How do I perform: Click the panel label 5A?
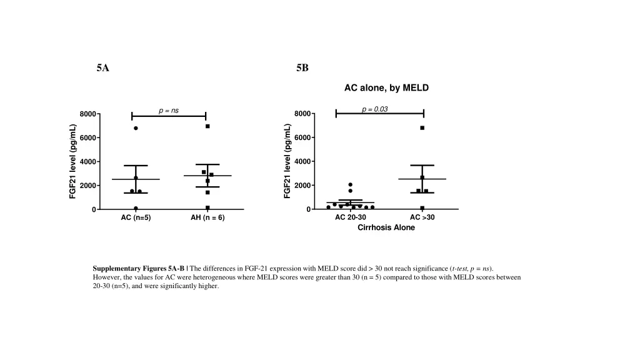[x=103, y=68]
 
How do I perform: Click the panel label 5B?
[x=302, y=68]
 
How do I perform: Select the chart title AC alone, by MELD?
[x=386, y=88]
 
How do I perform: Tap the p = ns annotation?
[x=168, y=111]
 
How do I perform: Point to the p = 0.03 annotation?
[x=375, y=109]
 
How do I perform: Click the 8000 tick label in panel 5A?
[x=87, y=114]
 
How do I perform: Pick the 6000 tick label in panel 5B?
[x=302, y=137]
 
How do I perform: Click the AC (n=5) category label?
[x=136, y=217]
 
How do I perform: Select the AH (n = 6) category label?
[x=207, y=217]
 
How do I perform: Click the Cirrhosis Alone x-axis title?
[x=386, y=227]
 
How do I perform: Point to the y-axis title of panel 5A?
[x=73, y=161]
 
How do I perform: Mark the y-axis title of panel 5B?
[x=287, y=161]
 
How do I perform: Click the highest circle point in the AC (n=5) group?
[x=136, y=128]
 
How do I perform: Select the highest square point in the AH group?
[x=207, y=126]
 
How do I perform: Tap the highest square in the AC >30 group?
[x=422, y=128]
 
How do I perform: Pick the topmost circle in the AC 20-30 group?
[x=351, y=184]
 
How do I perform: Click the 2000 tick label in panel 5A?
[x=87, y=186]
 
